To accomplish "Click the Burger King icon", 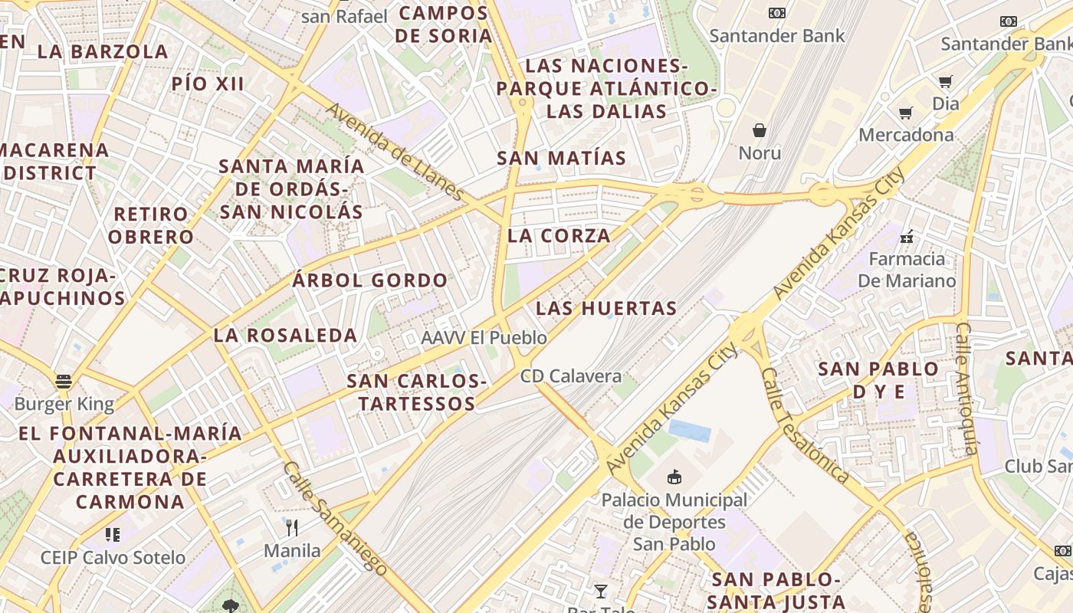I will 64,381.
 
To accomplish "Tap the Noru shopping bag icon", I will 760,130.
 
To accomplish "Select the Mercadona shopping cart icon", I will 905,113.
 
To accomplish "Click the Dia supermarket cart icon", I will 946,81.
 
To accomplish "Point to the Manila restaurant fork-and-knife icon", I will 291,527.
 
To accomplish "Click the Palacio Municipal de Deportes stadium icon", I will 674,477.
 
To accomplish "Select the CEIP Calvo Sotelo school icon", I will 113,534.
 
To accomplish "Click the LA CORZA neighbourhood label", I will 559,235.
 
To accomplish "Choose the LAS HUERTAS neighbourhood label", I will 606,308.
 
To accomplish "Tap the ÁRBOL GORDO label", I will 370,280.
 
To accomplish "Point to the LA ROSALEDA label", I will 285,335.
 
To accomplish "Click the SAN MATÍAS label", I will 562,159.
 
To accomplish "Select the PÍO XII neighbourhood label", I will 208,84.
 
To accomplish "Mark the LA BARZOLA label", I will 103,51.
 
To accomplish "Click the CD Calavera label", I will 571,376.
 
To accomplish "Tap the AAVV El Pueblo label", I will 484,337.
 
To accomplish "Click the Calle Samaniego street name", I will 334,516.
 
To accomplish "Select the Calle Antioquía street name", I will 967,388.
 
